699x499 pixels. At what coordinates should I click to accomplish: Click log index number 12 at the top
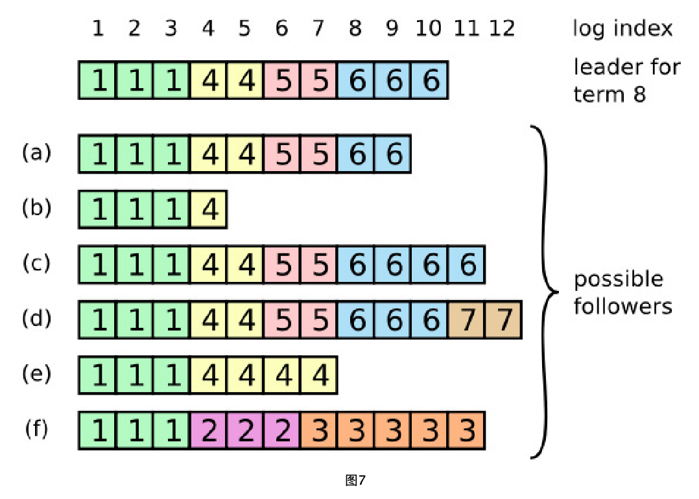503,29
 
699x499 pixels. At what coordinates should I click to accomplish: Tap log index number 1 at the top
98,29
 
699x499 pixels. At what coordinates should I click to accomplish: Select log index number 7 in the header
318,29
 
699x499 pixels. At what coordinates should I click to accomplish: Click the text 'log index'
622,29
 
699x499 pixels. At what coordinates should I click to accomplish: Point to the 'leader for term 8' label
626,80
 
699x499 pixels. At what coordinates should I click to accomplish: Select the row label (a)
36,153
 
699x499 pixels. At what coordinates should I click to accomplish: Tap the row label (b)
36,209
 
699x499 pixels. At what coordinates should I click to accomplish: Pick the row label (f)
36,429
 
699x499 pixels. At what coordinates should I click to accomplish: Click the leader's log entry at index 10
429,81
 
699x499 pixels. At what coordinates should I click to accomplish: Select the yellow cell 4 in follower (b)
208,209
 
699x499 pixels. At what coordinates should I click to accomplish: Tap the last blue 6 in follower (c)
466,264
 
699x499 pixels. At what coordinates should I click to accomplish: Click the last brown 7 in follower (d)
503,319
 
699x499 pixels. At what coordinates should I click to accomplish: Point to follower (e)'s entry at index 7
318,375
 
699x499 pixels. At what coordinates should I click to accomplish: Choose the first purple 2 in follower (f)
208,430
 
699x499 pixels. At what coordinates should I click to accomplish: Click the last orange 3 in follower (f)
466,430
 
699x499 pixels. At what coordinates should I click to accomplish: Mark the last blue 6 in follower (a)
392,154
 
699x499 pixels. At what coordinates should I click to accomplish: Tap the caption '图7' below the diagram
356,480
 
